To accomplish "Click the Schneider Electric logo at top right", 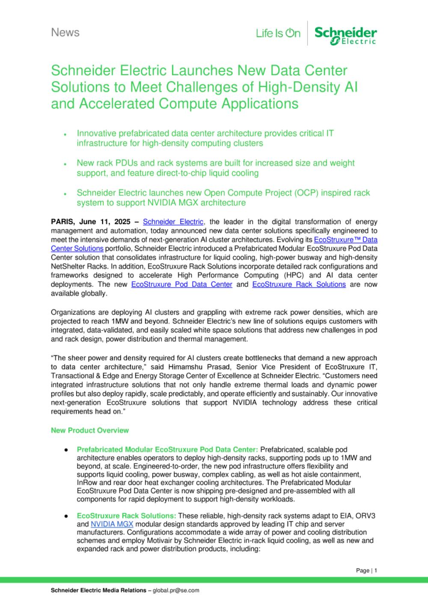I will coord(345,35).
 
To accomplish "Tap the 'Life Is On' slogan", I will coord(278,33).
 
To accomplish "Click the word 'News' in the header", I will coord(65,32).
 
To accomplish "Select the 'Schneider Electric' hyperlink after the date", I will coord(173,221).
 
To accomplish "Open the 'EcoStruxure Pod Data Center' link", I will coord(181,284).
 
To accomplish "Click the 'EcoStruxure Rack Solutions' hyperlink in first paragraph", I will coord(299,284).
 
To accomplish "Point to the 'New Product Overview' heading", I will coord(90,430).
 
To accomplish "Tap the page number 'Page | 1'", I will coord(366,570).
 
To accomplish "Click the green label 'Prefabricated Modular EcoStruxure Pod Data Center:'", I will coord(167,449).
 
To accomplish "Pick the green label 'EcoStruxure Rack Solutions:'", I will coord(126,516).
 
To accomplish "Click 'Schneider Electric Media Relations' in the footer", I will coord(98,590).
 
